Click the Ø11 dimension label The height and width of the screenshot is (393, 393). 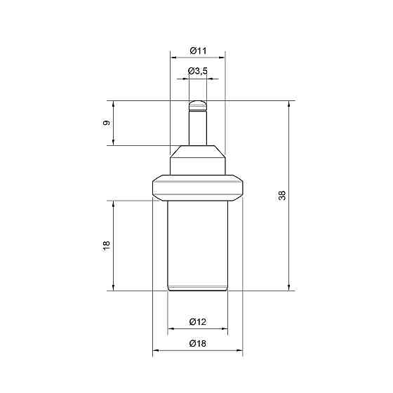click(x=198, y=51)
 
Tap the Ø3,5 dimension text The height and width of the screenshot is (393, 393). click(x=198, y=71)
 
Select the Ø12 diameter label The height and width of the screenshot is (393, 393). click(x=198, y=321)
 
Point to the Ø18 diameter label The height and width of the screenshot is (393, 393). click(x=198, y=343)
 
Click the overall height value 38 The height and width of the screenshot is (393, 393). click(x=282, y=196)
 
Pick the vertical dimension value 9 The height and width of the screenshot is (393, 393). click(x=107, y=123)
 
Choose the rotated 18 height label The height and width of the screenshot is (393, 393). click(x=107, y=246)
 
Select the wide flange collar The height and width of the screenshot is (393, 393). click(x=198, y=188)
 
